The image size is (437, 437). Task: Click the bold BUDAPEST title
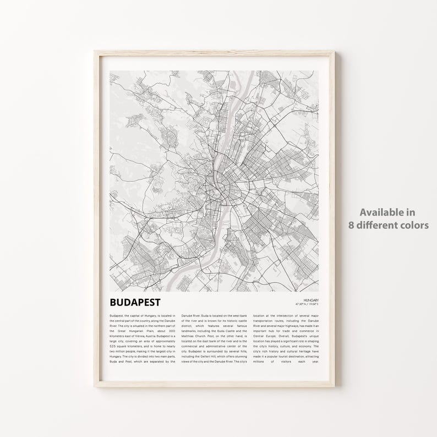coord(135,302)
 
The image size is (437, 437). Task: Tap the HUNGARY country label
coord(310,300)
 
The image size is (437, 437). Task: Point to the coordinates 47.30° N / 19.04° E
coord(307,304)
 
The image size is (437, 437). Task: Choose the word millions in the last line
coord(259,362)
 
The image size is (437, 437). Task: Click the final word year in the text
coord(314,362)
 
